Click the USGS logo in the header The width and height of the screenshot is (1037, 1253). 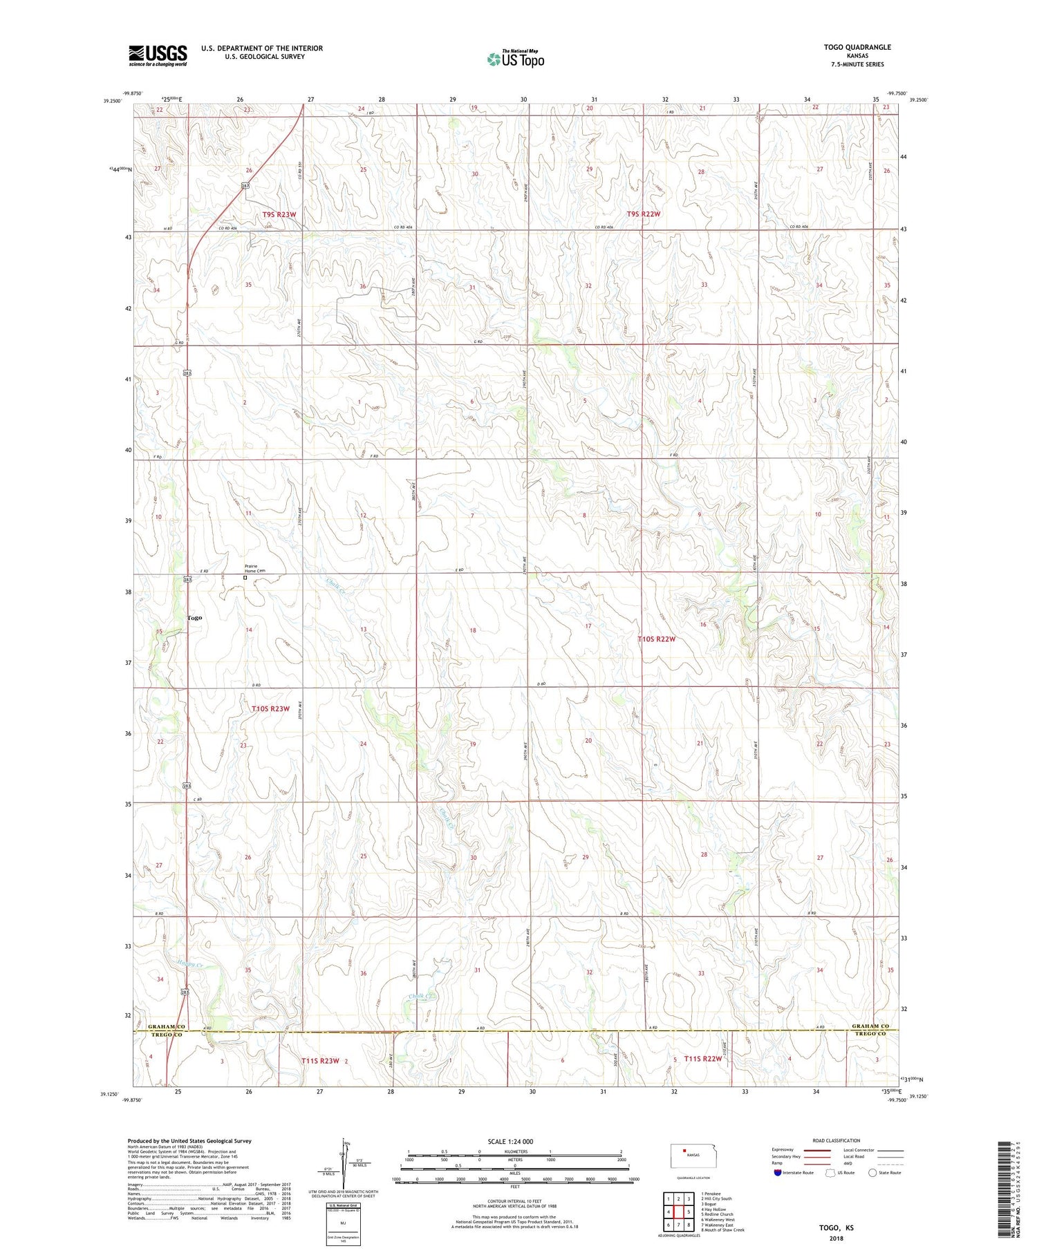tap(158, 55)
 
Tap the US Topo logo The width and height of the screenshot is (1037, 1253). tap(515, 59)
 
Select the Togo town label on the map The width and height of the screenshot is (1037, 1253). tap(194, 618)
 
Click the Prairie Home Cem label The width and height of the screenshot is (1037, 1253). tap(254, 568)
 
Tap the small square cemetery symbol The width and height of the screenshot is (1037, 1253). tap(245, 578)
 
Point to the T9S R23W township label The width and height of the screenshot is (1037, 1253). tap(279, 215)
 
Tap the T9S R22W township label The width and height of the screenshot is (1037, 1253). tap(643, 214)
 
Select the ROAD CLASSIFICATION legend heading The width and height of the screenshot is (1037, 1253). tap(837, 1140)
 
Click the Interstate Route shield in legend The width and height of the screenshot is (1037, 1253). tap(778, 1173)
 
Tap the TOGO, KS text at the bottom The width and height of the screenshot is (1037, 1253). tap(836, 1227)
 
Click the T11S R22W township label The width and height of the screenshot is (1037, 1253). tap(702, 1059)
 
